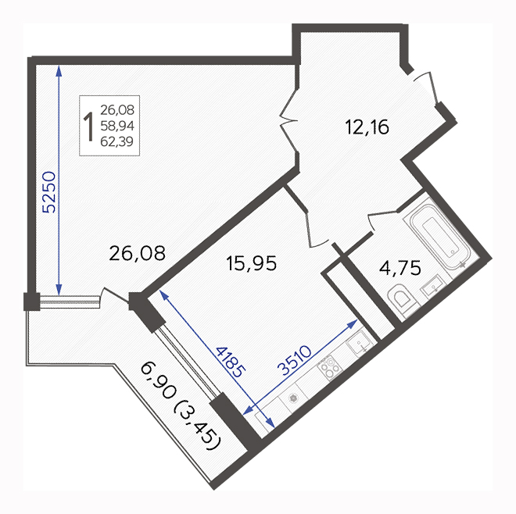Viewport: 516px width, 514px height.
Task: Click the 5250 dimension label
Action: [x=50, y=192]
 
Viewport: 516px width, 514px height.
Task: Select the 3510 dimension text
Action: [x=294, y=360]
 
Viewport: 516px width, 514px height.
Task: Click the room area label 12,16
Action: [x=367, y=127]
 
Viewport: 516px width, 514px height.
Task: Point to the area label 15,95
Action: [x=252, y=263]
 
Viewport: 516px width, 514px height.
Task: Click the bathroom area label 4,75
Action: [x=400, y=267]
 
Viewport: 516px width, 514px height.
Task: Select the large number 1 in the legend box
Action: [x=88, y=126]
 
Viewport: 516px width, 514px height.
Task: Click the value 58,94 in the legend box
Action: [x=117, y=126]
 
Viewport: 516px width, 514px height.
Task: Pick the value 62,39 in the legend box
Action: [x=117, y=141]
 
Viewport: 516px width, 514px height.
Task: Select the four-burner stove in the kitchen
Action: [x=330, y=368]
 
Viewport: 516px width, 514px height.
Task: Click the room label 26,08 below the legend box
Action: [x=137, y=254]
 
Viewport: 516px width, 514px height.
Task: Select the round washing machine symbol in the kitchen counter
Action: [x=293, y=398]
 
